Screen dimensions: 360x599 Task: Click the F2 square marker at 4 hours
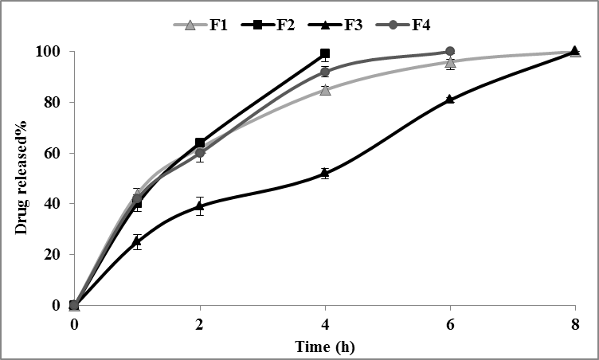[324, 54]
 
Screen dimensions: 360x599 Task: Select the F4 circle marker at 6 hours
[450, 52]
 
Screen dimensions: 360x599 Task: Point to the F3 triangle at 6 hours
[450, 100]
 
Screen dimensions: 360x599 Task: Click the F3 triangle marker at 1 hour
[137, 241]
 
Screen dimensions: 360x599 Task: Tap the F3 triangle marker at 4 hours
[324, 173]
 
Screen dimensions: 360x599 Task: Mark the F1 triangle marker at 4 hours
[324, 89]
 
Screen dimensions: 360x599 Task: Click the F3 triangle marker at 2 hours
[199, 206]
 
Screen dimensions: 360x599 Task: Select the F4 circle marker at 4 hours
[324, 72]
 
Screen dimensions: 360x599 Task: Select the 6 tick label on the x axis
[450, 324]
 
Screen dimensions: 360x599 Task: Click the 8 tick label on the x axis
[575, 324]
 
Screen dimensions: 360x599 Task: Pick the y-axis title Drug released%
[22, 178]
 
